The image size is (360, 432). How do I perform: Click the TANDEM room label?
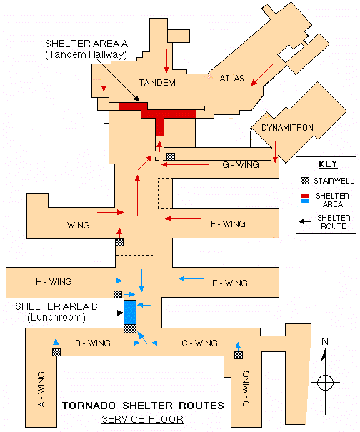click(157, 82)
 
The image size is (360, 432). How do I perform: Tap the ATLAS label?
click(232, 79)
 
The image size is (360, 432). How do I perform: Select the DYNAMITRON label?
click(287, 128)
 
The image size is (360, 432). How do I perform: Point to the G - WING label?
click(241, 165)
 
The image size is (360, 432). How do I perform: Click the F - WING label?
click(228, 223)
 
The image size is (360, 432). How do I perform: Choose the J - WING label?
click(72, 226)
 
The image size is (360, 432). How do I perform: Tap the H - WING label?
click(54, 281)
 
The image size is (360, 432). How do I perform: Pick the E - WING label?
click(230, 283)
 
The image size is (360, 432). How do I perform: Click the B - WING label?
click(93, 343)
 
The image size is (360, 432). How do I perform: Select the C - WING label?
click(199, 343)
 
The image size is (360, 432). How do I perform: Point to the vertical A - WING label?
click(41, 389)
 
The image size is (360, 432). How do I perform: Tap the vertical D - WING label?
click(246, 388)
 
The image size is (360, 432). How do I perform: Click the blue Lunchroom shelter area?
click(130, 312)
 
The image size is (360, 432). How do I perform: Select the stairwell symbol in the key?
click(305, 181)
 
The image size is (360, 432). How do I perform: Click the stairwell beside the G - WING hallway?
click(171, 156)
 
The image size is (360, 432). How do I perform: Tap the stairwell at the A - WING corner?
click(56, 352)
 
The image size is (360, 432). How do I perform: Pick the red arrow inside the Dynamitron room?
click(275, 151)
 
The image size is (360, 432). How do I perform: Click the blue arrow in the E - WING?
click(191, 278)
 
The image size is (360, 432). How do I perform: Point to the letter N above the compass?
click(325, 341)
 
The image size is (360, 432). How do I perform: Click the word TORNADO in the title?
click(89, 406)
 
